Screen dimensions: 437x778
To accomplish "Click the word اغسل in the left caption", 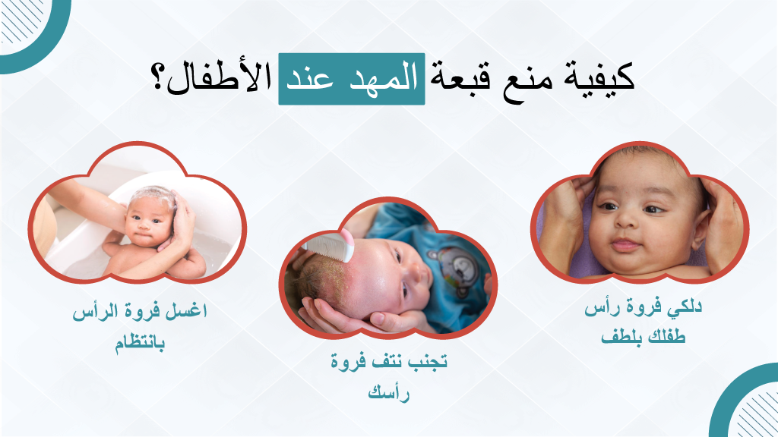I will point(190,313).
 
